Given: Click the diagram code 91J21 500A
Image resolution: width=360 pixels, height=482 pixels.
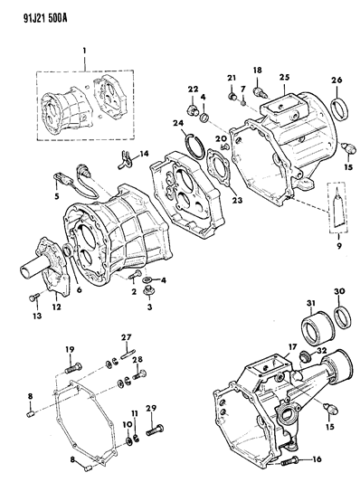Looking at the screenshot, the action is tap(45, 18).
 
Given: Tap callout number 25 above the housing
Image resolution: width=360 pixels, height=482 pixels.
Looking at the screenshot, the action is tap(284, 77).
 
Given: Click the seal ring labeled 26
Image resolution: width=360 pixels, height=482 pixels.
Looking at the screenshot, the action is tap(340, 109).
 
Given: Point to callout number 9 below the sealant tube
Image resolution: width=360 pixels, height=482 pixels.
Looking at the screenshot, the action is tap(339, 246).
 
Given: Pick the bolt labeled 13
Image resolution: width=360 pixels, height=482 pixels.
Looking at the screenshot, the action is tap(33, 298).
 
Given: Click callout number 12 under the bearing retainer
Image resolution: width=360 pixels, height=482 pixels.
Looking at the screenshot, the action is tap(57, 307).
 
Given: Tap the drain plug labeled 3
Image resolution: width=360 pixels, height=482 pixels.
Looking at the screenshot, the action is tap(149, 291).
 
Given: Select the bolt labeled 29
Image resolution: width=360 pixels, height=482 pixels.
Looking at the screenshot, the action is tap(155, 430).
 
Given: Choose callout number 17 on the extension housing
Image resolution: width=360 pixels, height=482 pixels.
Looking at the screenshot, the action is tap(292, 347).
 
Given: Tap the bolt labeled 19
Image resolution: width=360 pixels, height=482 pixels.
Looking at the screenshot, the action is tap(73, 368).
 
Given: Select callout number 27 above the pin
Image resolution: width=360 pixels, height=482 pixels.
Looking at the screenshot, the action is tap(127, 337).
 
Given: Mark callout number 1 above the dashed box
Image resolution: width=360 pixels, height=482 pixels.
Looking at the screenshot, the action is tap(84, 50).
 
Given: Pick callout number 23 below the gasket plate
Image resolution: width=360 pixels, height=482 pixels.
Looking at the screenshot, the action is tap(237, 200).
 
